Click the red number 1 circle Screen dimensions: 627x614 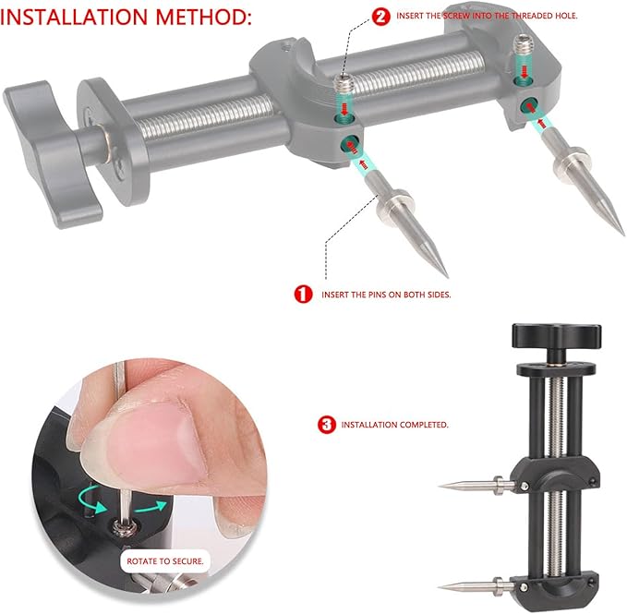click(303, 295)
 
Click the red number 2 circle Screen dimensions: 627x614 click(380, 17)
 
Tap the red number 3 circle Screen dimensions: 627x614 click(327, 425)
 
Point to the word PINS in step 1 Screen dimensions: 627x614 click(377, 295)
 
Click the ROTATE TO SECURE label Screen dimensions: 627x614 click(165, 561)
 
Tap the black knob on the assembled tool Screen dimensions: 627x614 click(556, 336)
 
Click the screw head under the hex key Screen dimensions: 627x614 click(126, 527)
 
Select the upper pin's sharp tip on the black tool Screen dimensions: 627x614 click(440, 486)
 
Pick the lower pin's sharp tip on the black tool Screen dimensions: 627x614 click(440, 587)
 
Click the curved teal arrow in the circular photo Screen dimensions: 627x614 click(90, 500)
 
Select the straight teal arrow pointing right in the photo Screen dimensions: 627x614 click(151, 507)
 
